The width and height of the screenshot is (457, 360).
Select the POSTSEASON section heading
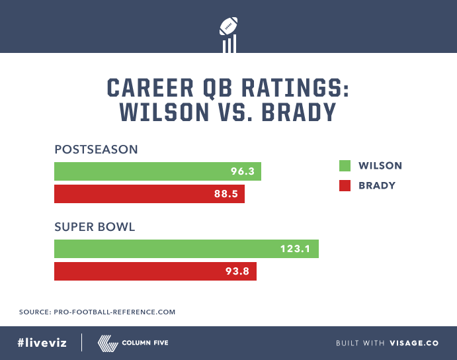(x=96, y=150)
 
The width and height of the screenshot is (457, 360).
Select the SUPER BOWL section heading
(x=95, y=227)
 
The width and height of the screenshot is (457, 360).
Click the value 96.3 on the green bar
(x=243, y=171)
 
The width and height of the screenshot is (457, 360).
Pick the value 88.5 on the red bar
(x=227, y=194)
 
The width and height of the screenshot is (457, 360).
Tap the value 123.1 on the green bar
(x=298, y=249)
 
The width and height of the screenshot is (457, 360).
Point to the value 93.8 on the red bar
(x=237, y=271)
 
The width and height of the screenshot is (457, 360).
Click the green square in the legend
(x=344, y=165)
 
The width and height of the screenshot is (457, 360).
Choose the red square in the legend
(x=344, y=185)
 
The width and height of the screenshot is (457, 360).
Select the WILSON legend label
(x=380, y=165)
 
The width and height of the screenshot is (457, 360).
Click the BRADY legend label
(x=377, y=185)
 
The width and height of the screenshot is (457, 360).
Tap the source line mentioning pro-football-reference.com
(x=97, y=311)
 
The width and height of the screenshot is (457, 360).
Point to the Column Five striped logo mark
(x=107, y=343)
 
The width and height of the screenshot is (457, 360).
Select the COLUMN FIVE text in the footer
(x=145, y=343)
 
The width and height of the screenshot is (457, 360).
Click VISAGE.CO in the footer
(x=414, y=343)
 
